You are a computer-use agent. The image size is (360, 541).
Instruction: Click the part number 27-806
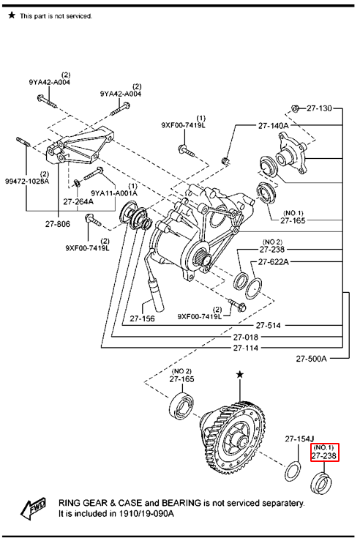pyautogui.click(x=58, y=224)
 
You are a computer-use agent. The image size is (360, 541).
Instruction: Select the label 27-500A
pyautogui.click(x=311, y=359)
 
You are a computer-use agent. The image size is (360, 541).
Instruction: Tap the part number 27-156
pyautogui.click(x=142, y=318)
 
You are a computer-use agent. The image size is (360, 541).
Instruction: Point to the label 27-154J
pyautogui.click(x=299, y=439)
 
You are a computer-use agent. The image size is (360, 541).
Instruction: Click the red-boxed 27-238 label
pyautogui.click(x=324, y=456)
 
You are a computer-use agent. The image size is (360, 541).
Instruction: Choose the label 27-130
pyautogui.click(x=319, y=108)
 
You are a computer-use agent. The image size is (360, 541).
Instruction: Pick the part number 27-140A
pyautogui.click(x=274, y=126)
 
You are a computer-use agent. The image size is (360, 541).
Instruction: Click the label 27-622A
pyautogui.click(x=274, y=262)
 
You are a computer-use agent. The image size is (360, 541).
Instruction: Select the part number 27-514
pyautogui.click(x=269, y=325)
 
